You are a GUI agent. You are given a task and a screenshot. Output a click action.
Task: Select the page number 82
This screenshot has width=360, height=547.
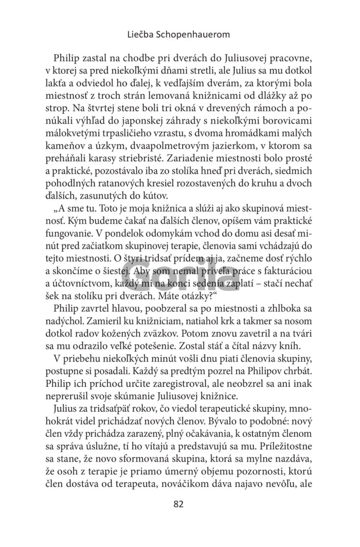coord(178,504)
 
